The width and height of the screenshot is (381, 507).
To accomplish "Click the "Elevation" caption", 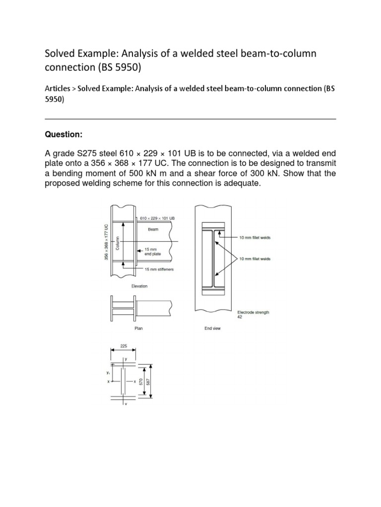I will tap(139, 286).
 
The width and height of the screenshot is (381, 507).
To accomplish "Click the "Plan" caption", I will tap(139, 328).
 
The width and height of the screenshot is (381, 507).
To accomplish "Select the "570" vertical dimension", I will tap(140, 382).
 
